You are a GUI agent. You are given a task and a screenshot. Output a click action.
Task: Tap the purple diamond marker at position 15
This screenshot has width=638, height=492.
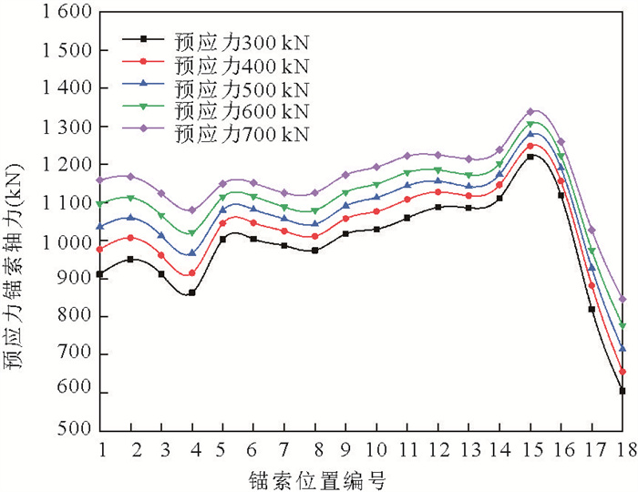tap(530, 111)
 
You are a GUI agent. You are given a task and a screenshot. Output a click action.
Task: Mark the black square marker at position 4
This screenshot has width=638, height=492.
tap(192, 293)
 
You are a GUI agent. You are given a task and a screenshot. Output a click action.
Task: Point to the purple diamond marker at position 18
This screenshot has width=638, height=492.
tap(623, 299)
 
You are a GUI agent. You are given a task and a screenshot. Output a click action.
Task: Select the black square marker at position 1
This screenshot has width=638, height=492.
tap(100, 274)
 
